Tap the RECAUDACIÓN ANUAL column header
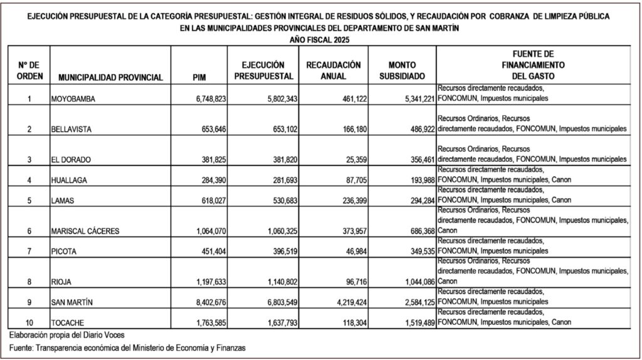[334, 71]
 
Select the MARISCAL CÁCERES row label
[87, 230]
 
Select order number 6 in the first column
[29, 230]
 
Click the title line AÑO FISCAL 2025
[320, 40]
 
